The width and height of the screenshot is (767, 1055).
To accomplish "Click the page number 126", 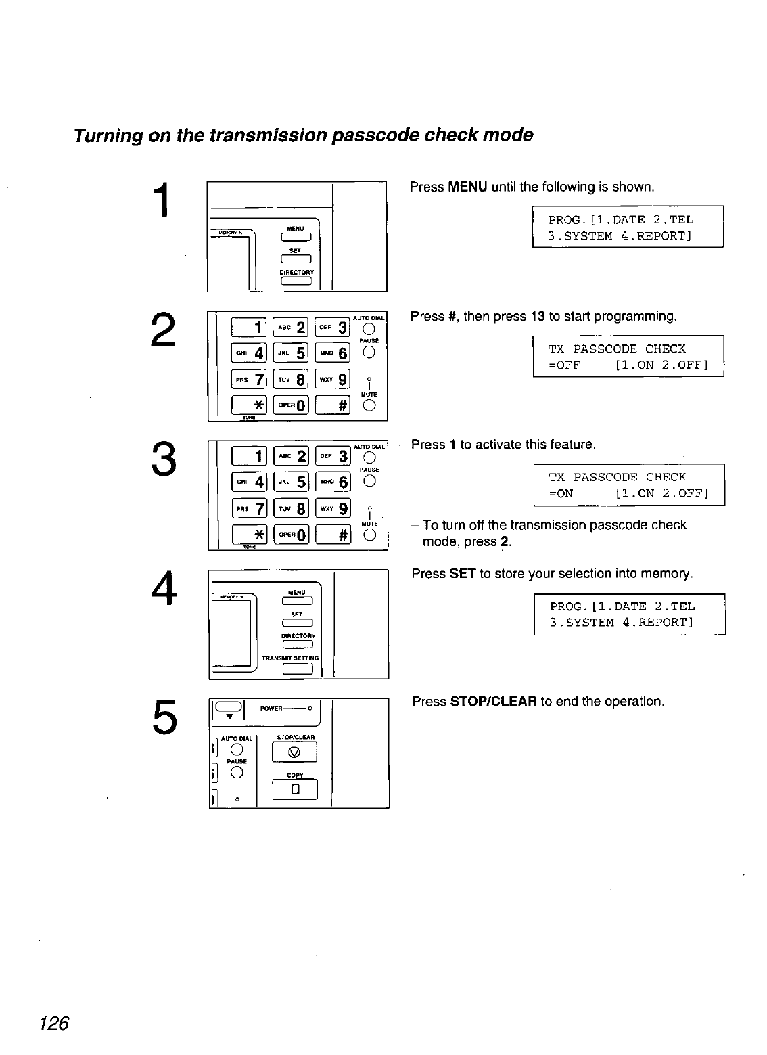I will (55, 1023).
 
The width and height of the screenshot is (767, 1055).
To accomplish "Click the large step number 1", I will (162, 201).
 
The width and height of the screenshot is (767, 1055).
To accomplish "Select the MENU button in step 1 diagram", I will (296, 236).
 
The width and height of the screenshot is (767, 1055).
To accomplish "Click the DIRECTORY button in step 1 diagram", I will (296, 282).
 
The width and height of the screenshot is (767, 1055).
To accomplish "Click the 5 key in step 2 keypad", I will (291, 353).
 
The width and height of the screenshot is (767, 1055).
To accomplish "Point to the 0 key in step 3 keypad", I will (291, 535).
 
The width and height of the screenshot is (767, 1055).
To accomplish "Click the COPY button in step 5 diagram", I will (294, 790).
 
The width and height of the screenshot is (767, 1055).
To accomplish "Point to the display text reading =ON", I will (561, 493).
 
